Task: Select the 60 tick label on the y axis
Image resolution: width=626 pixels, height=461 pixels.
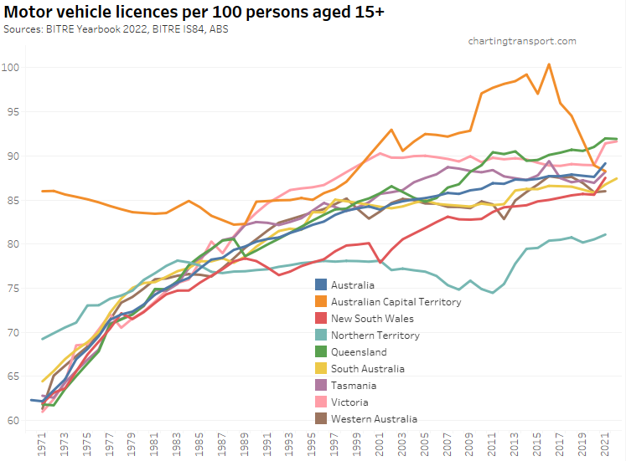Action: pyautogui.click(x=14, y=420)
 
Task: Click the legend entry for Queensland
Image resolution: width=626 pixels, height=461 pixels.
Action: pyautogui.click(x=359, y=352)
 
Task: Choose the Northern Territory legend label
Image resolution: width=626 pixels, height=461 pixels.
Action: pyautogui.click(x=375, y=336)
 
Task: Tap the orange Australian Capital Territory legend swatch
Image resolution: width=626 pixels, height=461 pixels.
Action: pyautogui.click(x=319, y=302)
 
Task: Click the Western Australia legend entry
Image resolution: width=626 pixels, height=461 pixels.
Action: pyautogui.click(x=374, y=419)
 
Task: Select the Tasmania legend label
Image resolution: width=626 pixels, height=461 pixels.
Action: pyautogui.click(x=354, y=386)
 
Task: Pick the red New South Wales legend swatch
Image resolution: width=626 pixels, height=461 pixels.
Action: pyautogui.click(x=319, y=319)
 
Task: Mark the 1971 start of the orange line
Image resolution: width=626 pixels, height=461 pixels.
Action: pyautogui.click(x=43, y=191)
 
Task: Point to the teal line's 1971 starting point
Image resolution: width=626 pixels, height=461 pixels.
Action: pyautogui.click(x=43, y=339)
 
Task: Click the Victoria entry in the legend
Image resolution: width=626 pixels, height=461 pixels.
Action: pyautogui.click(x=350, y=402)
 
